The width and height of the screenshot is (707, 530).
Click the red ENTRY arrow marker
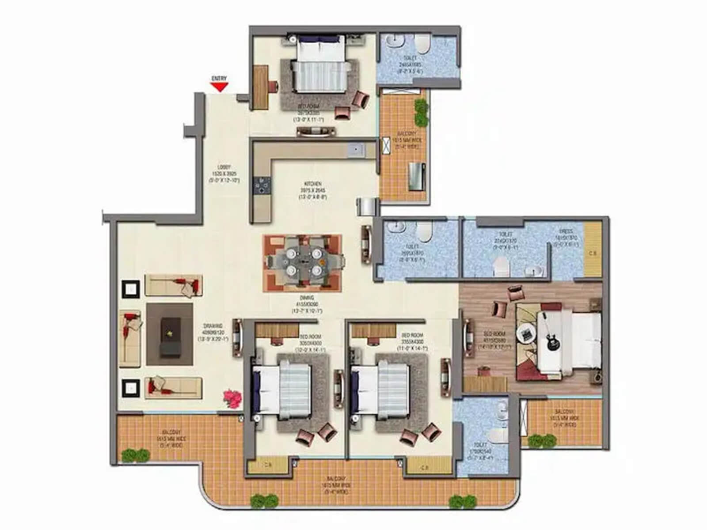click(219, 87)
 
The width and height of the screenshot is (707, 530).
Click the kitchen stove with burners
click(262, 185)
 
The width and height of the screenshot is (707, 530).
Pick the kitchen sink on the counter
click(356, 150)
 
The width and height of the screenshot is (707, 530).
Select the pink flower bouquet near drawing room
click(232, 398)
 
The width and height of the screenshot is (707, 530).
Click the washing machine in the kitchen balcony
click(416, 177)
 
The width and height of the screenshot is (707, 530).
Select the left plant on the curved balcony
click(264, 501)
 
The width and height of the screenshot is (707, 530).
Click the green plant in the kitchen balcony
click(421, 112)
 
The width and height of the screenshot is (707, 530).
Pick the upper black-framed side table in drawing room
click(131, 289)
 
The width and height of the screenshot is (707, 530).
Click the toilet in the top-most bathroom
click(422, 44)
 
